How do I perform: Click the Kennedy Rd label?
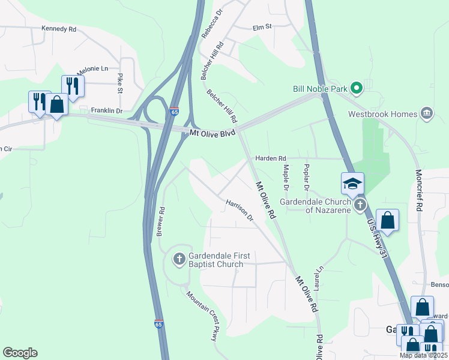59,28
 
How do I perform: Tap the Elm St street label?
262,26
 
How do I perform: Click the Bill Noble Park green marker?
356,89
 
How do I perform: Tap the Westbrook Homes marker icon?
427,114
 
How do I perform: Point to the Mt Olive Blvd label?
212,133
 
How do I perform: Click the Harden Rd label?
271,158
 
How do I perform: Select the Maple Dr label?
286,178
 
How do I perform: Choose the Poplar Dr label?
306,178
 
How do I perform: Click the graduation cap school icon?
352,183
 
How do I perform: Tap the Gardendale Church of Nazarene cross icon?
360,206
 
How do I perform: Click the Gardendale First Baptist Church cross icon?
178,259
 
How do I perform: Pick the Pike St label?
120,84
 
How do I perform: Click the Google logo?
20,353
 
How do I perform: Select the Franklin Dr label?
106,111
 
